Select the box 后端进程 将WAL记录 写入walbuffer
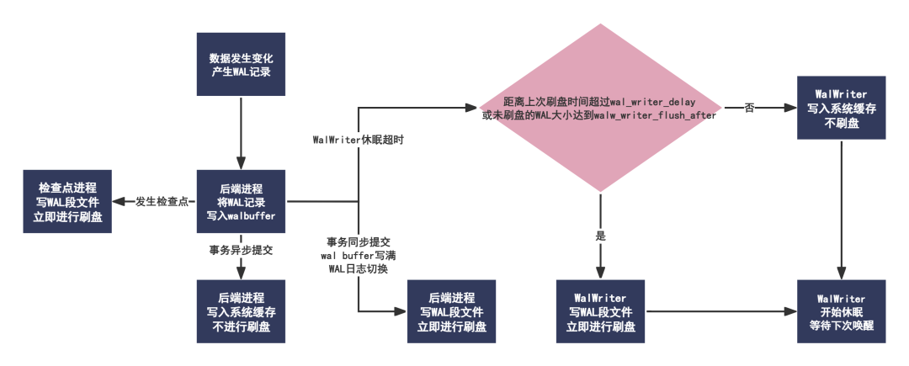coord(241,202)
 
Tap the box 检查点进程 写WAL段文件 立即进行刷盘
coord(68,202)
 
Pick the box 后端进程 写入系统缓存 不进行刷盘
coord(241,311)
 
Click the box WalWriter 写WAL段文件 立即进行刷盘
coord(600,311)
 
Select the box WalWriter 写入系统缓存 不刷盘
coord(843,108)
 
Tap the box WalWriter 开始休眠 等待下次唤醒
coord(843,311)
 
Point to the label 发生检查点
coord(161,202)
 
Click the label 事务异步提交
coord(242,250)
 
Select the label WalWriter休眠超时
coord(358,141)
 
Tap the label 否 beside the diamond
coord(749,108)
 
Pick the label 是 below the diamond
coord(600,236)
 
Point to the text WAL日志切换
coord(358,268)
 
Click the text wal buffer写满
coord(358,255)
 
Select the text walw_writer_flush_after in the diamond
coord(655,114)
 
